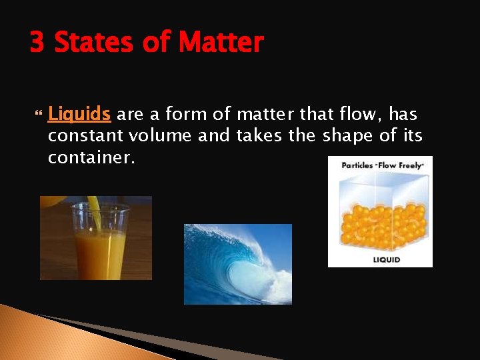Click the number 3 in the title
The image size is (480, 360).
point(37,43)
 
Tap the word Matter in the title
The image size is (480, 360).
point(221,43)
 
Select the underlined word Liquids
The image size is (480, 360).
point(79,115)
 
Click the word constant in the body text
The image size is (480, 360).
point(85,137)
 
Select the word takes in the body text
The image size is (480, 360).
point(259,137)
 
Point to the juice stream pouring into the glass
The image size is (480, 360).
point(94,210)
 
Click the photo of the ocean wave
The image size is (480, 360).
point(237,264)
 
